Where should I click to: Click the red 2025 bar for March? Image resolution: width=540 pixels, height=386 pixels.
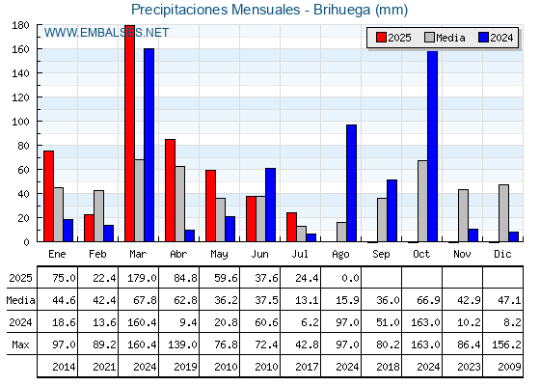[x=130, y=133]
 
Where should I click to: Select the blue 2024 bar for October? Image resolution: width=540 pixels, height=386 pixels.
[x=433, y=146]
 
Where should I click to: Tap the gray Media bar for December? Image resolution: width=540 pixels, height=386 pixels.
[x=503, y=213]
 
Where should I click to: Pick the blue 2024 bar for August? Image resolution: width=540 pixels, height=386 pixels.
[x=352, y=183]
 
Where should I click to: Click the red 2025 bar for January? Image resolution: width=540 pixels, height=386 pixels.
[x=48, y=196]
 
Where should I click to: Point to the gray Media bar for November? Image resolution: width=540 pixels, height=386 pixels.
[x=463, y=215]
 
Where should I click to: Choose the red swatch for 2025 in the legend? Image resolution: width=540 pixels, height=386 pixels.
[x=381, y=38]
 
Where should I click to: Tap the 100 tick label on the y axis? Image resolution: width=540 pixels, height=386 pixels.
[x=20, y=122]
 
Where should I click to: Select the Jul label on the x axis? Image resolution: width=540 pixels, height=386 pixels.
[x=300, y=254]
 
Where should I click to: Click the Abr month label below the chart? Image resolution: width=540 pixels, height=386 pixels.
[x=178, y=254]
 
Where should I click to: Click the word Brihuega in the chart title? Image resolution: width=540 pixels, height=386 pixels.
[x=342, y=10]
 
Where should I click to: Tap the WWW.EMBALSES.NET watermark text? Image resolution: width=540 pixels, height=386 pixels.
[x=106, y=33]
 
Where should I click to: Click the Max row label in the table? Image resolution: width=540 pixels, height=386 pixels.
[x=20, y=345]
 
